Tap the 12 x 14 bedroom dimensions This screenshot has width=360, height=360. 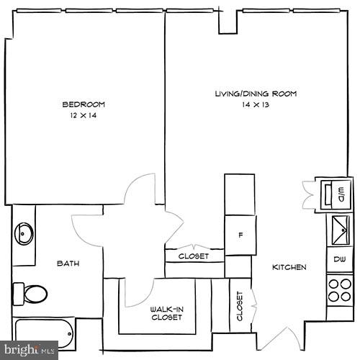(84, 116)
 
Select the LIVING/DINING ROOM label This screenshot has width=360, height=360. (256, 94)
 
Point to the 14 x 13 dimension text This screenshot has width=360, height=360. (256, 105)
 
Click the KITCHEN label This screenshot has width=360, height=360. (289, 268)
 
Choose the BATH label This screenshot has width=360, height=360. (68, 264)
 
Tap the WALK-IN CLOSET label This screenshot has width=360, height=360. (166, 313)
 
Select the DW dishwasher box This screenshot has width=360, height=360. (338, 259)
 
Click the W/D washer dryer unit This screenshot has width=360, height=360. (335, 193)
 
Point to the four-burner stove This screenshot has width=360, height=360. (338, 291)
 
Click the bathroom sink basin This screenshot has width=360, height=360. (24, 233)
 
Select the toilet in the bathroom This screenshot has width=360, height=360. (30, 293)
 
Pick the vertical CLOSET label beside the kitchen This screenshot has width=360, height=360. (239, 307)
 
